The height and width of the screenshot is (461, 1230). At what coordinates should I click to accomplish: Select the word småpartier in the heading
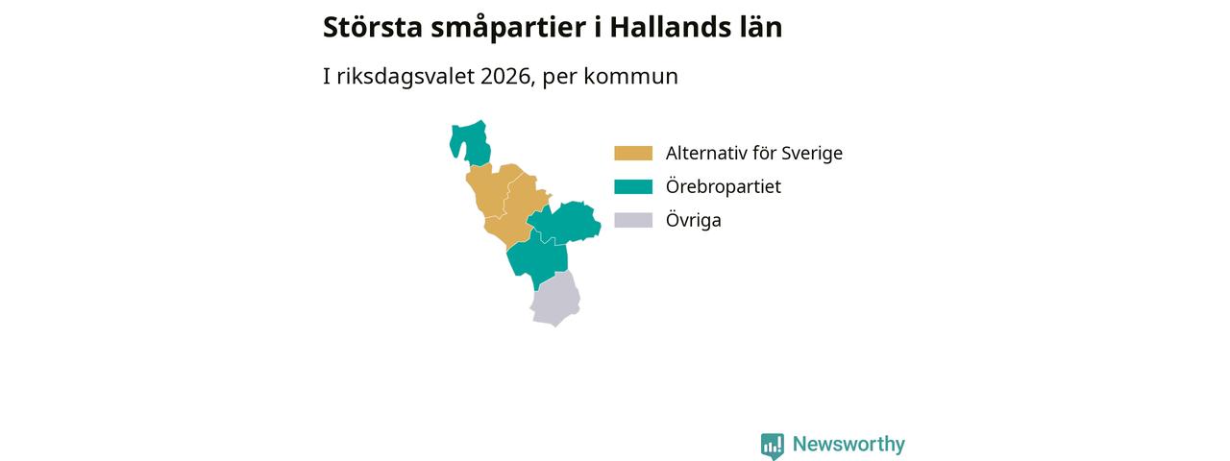508,29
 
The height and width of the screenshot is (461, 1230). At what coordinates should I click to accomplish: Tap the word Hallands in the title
666,27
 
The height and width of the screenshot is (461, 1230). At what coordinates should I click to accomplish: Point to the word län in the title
757,27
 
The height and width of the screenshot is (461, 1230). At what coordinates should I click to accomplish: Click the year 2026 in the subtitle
504,76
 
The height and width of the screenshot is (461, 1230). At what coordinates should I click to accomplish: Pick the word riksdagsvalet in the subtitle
406,77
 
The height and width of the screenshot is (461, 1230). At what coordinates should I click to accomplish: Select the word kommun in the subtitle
631,77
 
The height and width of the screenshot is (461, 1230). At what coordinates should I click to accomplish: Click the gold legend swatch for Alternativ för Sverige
633,153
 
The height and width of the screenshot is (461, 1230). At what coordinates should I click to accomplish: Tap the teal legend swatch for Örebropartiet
633,186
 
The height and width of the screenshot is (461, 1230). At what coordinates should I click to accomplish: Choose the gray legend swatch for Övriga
633,220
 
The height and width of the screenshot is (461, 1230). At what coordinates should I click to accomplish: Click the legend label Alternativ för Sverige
754,153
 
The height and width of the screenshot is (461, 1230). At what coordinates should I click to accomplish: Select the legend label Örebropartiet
724,186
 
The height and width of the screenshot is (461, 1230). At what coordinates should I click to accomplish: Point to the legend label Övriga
694,220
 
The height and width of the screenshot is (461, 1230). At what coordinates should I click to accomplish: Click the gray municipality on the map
555,301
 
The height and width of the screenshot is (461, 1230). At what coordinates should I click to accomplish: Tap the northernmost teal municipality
470,141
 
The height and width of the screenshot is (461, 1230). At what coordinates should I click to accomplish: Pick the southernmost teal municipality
535,259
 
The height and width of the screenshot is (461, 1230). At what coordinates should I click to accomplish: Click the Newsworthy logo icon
773,446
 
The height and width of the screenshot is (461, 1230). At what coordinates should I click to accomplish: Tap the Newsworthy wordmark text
849,444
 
